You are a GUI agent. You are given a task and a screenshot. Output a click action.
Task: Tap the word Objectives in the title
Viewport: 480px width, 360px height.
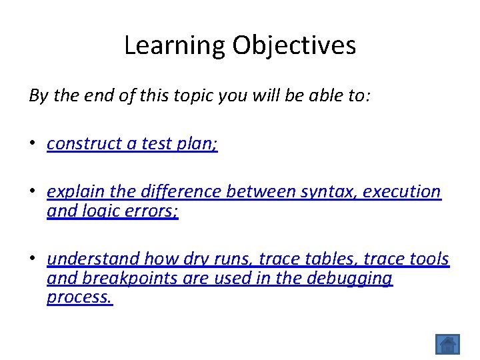294,46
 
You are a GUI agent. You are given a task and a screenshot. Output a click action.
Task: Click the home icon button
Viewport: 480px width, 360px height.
447,344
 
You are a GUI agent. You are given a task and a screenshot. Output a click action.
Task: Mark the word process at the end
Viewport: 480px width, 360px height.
79,297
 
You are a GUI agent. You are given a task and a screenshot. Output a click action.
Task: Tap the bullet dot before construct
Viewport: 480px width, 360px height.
33,145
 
